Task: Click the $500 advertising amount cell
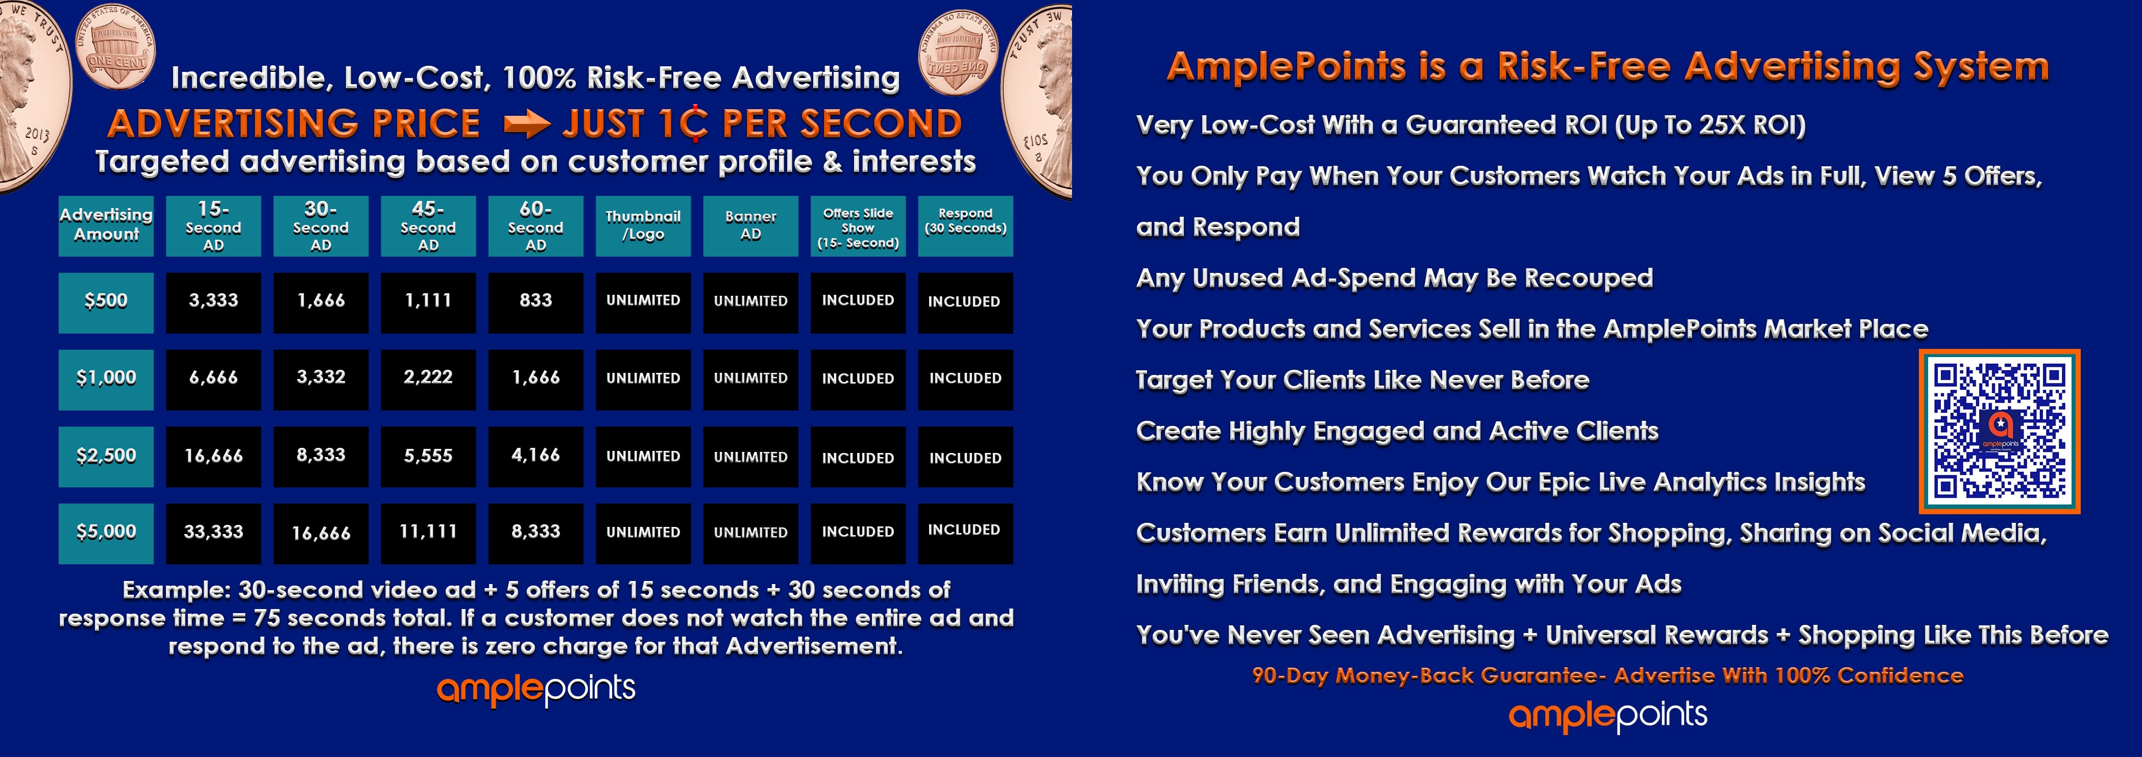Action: tap(106, 302)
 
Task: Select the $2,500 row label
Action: tap(106, 456)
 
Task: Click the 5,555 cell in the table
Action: tap(428, 456)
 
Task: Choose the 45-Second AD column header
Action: tap(428, 226)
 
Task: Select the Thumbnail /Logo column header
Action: tap(643, 226)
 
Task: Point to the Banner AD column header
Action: tap(750, 226)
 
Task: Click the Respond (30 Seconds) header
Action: tap(965, 226)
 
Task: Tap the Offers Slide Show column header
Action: tap(858, 226)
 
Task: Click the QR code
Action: tap(1999, 431)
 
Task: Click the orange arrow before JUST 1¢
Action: tap(527, 124)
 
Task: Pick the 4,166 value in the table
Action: tap(535, 456)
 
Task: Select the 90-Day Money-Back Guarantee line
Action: tap(1608, 675)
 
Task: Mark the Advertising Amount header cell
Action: tap(106, 226)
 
